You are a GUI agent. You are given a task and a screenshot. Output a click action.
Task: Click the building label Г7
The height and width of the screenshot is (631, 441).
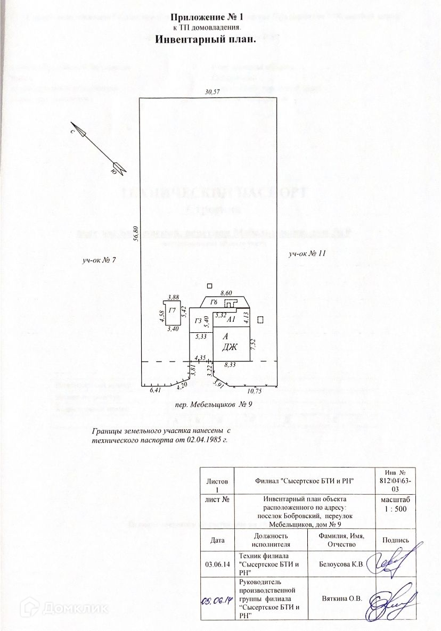coord(172,310)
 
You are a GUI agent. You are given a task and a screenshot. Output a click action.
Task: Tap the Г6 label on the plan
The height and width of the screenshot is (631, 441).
coord(214,302)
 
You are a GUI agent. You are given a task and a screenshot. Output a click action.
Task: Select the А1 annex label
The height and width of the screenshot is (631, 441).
coord(231,320)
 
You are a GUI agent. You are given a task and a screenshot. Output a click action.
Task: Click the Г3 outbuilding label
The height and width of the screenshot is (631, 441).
coord(199,321)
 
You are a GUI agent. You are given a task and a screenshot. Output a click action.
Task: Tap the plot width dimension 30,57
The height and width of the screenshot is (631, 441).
coord(213,92)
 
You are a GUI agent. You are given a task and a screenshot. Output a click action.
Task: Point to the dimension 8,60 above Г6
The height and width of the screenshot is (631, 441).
coord(226,293)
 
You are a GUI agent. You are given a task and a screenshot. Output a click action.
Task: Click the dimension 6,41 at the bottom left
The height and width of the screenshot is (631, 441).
coord(156,390)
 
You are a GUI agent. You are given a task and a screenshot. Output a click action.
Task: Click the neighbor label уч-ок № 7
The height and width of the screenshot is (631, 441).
coord(99,260)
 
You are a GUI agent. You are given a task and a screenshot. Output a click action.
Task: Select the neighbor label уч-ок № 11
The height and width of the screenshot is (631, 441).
coord(307,253)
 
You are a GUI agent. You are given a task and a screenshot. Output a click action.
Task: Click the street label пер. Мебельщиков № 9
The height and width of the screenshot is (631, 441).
coord(213,405)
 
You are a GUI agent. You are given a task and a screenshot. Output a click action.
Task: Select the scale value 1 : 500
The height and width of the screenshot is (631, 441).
coord(395,509)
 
